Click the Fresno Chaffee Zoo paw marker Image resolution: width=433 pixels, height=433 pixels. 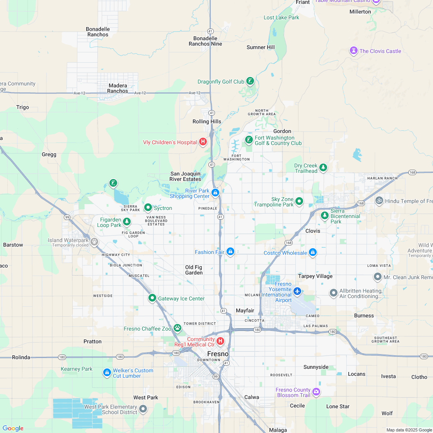point(177,328)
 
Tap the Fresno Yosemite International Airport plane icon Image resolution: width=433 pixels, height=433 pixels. point(297,291)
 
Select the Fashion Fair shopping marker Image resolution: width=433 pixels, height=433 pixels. point(230,252)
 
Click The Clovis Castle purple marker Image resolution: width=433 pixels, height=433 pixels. point(353,51)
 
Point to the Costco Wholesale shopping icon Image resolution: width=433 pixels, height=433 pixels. point(313,253)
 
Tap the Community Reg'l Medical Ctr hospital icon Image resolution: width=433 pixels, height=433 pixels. point(220,341)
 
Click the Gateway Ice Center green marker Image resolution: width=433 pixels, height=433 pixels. point(152,298)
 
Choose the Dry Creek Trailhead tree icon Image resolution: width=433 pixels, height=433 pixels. point(323,168)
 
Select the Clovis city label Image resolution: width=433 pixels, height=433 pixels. point(312,231)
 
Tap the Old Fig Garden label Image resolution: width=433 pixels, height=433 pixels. point(194,270)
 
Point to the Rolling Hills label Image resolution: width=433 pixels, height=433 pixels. point(207,121)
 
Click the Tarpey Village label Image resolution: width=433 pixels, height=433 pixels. point(315,276)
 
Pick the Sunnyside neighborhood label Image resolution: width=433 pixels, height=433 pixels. point(316,367)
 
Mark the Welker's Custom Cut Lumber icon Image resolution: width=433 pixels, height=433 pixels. point(107,372)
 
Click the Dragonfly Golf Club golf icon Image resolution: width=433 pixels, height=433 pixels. point(250,81)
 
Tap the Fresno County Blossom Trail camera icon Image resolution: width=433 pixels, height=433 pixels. point(316,392)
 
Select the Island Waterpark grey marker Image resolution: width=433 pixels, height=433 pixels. point(94,242)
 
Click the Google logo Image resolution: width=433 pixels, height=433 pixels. point(13,428)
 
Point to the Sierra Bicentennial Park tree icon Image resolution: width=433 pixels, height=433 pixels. point(324,216)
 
